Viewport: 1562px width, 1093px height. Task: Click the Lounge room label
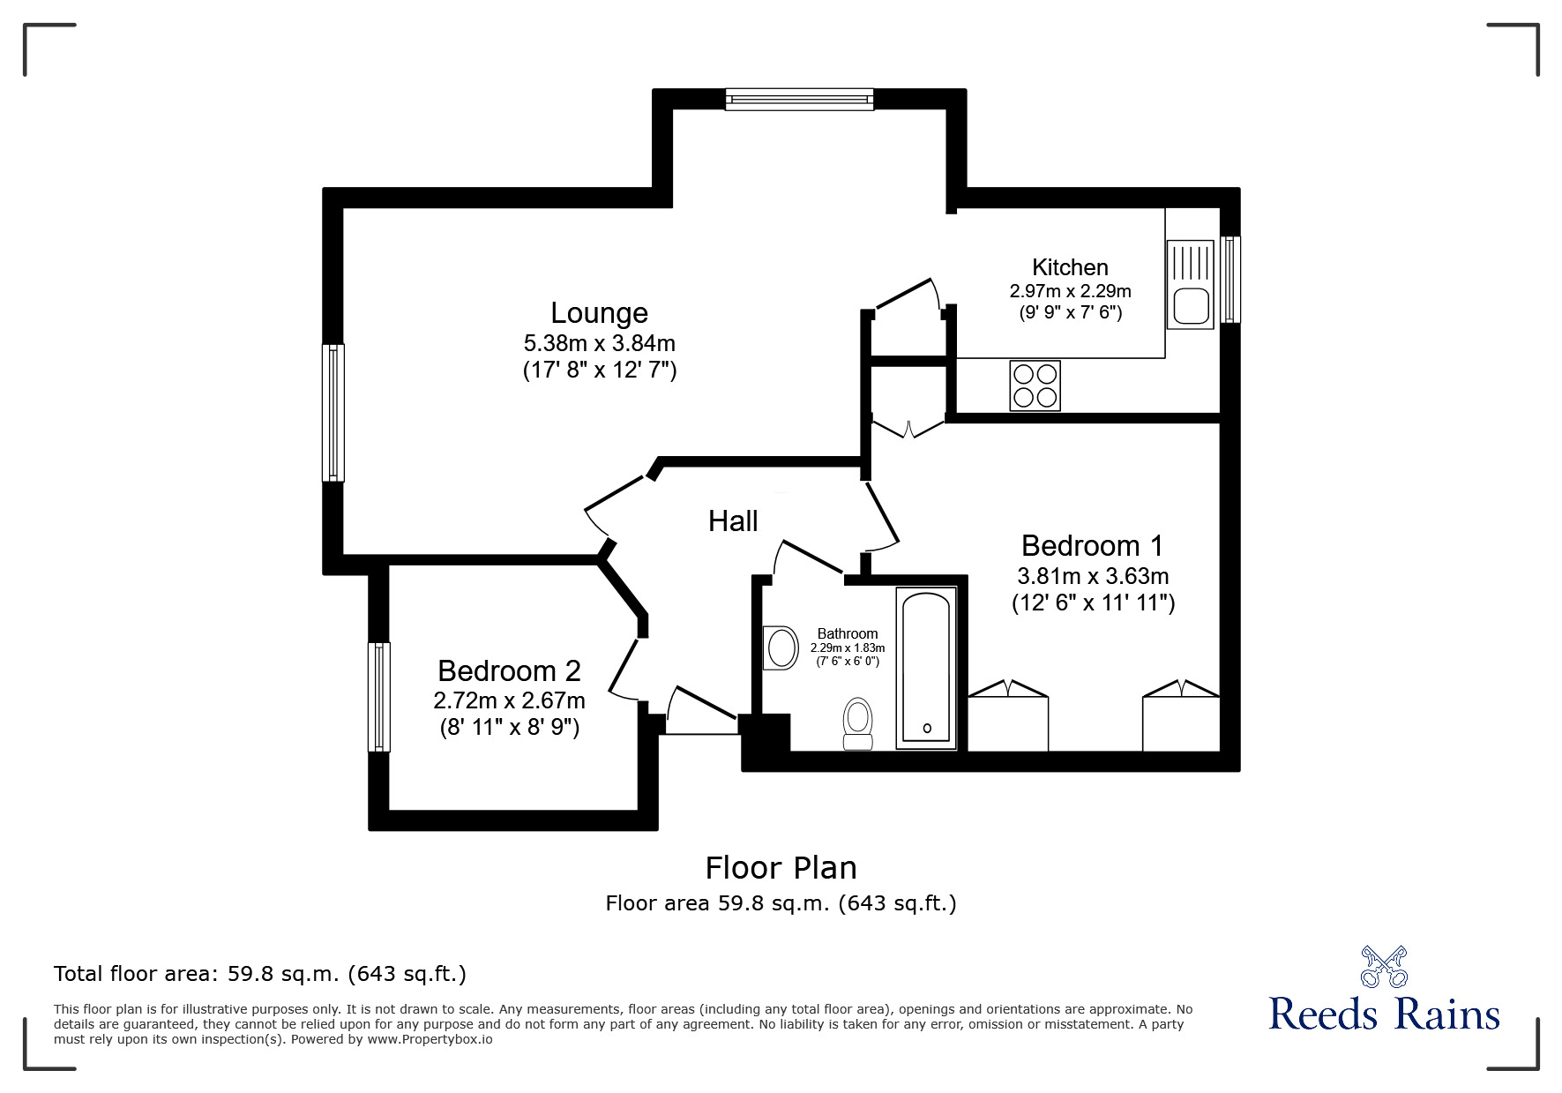point(599,313)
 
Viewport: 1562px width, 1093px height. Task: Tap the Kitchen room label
point(1070,267)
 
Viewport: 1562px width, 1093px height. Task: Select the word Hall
point(733,521)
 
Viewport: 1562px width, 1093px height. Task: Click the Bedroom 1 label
point(1092,545)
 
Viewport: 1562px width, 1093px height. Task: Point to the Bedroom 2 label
point(509,671)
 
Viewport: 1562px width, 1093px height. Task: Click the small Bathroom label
point(847,633)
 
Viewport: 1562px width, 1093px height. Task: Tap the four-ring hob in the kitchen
point(1035,386)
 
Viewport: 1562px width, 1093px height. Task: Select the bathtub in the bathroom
point(926,668)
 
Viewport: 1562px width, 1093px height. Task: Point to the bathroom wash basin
point(780,648)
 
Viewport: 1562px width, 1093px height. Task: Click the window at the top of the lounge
point(799,100)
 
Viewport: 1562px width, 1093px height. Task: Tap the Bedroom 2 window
point(379,696)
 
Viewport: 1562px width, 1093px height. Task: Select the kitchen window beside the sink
point(1230,279)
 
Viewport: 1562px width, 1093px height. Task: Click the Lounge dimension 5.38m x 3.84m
point(599,342)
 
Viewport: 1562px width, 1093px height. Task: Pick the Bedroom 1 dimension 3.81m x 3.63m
point(1092,577)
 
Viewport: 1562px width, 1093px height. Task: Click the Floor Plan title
point(781,868)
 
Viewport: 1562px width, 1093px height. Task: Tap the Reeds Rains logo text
point(1384,1014)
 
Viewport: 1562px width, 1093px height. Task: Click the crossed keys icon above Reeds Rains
point(1384,965)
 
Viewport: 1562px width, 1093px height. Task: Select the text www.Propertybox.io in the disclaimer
point(430,1039)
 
